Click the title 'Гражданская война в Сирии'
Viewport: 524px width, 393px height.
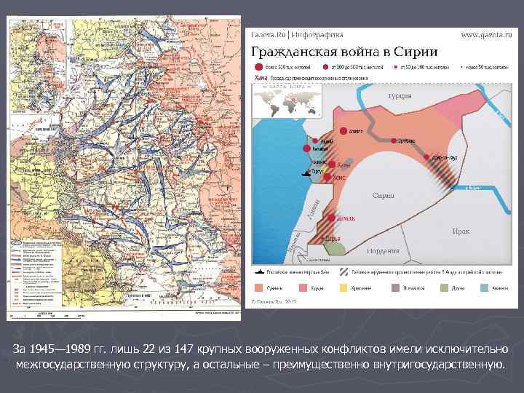(344, 52)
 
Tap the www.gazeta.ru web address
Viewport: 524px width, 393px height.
(485, 34)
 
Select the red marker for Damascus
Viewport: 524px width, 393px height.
(332, 218)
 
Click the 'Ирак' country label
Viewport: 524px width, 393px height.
(460, 231)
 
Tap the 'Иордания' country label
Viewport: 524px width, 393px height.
(383, 250)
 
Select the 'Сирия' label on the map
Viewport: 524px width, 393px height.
(384, 195)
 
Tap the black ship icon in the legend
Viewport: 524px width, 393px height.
(260, 270)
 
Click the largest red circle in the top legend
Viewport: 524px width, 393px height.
(259, 66)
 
